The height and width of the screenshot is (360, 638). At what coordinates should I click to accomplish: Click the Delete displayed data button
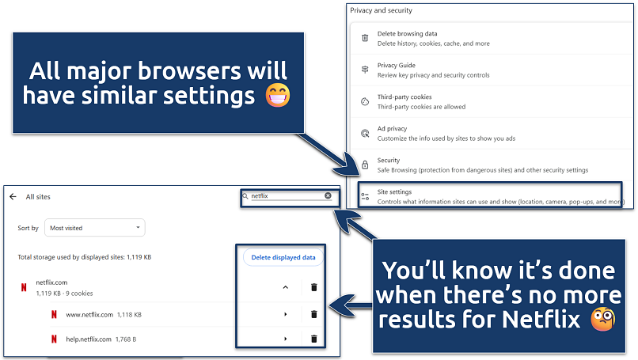tap(283, 257)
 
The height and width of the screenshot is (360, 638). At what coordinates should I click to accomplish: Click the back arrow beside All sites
tap(13, 196)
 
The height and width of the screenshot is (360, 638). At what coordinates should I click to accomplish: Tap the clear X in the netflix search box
tap(328, 195)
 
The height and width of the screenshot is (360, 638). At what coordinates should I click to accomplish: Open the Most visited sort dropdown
tap(94, 228)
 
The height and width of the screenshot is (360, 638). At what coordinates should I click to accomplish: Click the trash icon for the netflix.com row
tap(313, 288)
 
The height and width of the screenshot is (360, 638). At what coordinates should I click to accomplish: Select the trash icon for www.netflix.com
tap(313, 314)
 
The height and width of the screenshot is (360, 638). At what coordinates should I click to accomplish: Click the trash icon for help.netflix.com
tap(313, 339)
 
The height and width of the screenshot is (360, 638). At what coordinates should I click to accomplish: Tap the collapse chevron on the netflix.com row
tap(285, 288)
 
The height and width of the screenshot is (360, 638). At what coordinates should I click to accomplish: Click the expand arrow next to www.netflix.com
tap(285, 314)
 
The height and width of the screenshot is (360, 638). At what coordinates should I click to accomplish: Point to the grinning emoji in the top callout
tap(277, 95)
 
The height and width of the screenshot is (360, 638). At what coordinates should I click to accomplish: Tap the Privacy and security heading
tap(381, 10)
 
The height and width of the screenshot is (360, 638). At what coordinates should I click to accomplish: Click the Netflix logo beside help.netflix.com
tap(54, 339)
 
